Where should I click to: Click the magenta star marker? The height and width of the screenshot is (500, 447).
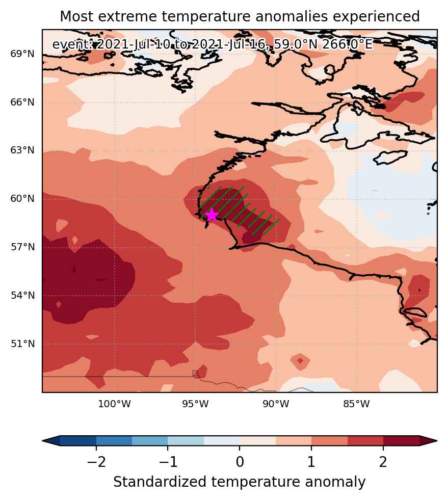pos(212,216)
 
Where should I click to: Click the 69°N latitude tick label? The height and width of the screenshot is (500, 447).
pos(22,54)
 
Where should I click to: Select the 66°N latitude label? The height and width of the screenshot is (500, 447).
pos(22,102)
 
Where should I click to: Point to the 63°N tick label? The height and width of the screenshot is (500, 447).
pos(22,150)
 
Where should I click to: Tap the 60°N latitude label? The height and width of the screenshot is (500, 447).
pos(22,198)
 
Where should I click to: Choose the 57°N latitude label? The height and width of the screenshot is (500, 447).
pos(22,247)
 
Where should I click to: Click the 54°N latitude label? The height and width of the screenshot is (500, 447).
pos(22,295)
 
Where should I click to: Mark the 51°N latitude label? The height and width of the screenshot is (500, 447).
pos(22,344)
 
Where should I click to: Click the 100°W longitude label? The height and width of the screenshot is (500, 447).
pos(114,404)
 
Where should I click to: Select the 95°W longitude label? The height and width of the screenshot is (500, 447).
pos(195,404)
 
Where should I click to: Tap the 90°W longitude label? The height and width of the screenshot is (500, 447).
pos(276,404)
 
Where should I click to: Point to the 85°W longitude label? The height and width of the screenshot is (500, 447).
pos(356,404)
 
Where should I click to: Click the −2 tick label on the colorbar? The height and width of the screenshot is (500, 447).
pos(96,461)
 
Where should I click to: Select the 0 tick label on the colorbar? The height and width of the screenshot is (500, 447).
pos(240,461)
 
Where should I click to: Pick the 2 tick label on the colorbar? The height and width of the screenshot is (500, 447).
pos(383,461)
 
